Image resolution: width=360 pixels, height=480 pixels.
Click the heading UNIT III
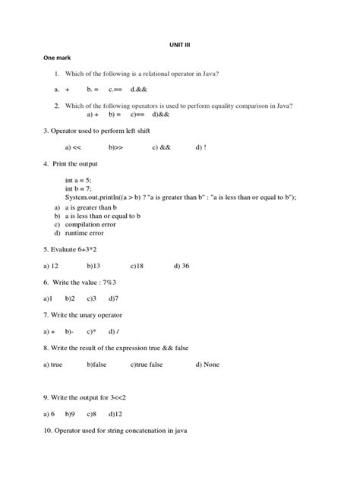click(180, 45)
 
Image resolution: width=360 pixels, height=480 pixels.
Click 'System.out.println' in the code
click(93, 197)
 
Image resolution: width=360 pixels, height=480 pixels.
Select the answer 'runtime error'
click(86, 233)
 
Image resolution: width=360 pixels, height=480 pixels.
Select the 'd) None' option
click(207, 365)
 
